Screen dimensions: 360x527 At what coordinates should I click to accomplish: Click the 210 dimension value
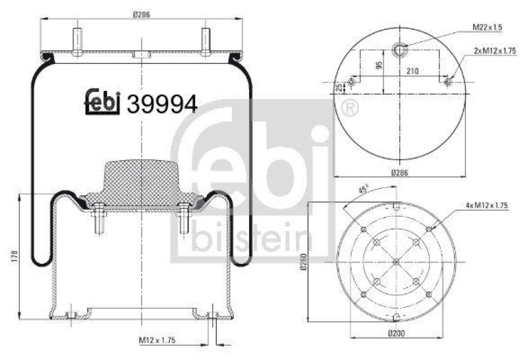[413, 70]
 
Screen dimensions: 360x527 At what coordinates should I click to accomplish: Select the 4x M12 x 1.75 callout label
[487, 206]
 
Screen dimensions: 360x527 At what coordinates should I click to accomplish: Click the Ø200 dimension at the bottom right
[396, 334]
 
